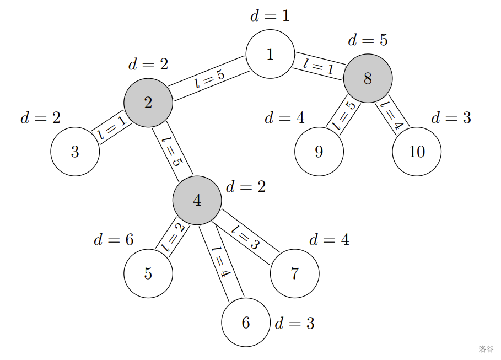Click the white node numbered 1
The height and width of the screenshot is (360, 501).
270,54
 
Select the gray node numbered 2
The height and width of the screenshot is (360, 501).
148,103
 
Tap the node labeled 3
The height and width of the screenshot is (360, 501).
75,152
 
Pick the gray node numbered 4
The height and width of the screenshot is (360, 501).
197,200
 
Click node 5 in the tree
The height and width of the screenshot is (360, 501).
148,273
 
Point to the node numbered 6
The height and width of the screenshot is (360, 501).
246,323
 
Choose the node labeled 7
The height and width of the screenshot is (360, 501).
295,273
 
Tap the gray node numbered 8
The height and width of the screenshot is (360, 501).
368,78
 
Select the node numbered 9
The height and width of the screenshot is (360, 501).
319,152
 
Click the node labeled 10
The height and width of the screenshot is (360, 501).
417,152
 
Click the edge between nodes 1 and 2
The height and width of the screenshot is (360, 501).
209,78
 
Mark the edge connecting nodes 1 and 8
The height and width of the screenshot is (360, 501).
319,66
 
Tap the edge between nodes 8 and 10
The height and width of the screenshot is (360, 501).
392,115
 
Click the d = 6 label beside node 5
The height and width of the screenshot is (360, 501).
114,239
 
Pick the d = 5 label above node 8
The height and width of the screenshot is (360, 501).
368,40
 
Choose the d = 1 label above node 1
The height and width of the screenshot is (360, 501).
270,16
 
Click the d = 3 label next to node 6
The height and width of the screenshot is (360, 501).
294,323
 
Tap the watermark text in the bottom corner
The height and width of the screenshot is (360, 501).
486,349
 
